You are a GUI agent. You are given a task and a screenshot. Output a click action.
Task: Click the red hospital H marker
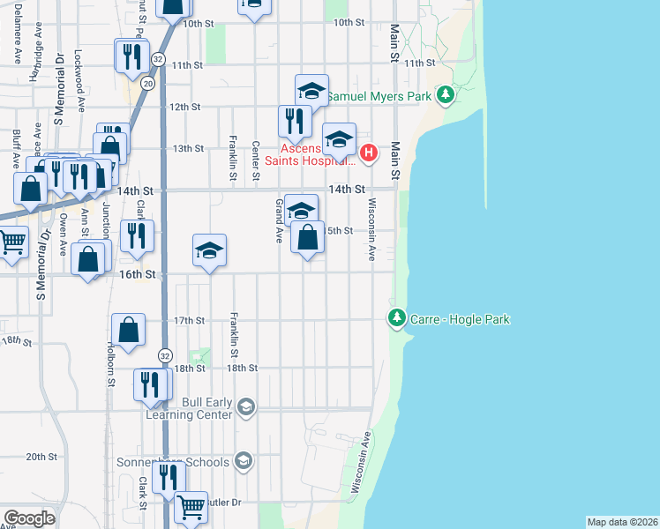click(368, 153)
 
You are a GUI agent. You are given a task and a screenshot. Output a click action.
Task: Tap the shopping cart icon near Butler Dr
click(191, 506)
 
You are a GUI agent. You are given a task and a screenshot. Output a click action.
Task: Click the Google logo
click(29, 518)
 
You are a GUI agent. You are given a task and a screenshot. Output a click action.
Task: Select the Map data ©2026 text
click(622, 522)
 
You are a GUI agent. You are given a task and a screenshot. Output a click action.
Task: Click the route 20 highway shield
click(148, 83)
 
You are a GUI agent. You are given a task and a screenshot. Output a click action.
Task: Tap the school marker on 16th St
click(209, 251)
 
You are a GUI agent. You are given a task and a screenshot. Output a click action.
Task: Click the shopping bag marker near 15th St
click(307, 237)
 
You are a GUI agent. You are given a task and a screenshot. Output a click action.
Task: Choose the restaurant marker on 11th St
click(131, 56)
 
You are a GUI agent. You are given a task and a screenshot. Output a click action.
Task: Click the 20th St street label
click(41, 457)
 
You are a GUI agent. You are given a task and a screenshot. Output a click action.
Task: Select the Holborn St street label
click(112, 364)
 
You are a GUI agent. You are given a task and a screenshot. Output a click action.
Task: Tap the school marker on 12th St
click(311, 91)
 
